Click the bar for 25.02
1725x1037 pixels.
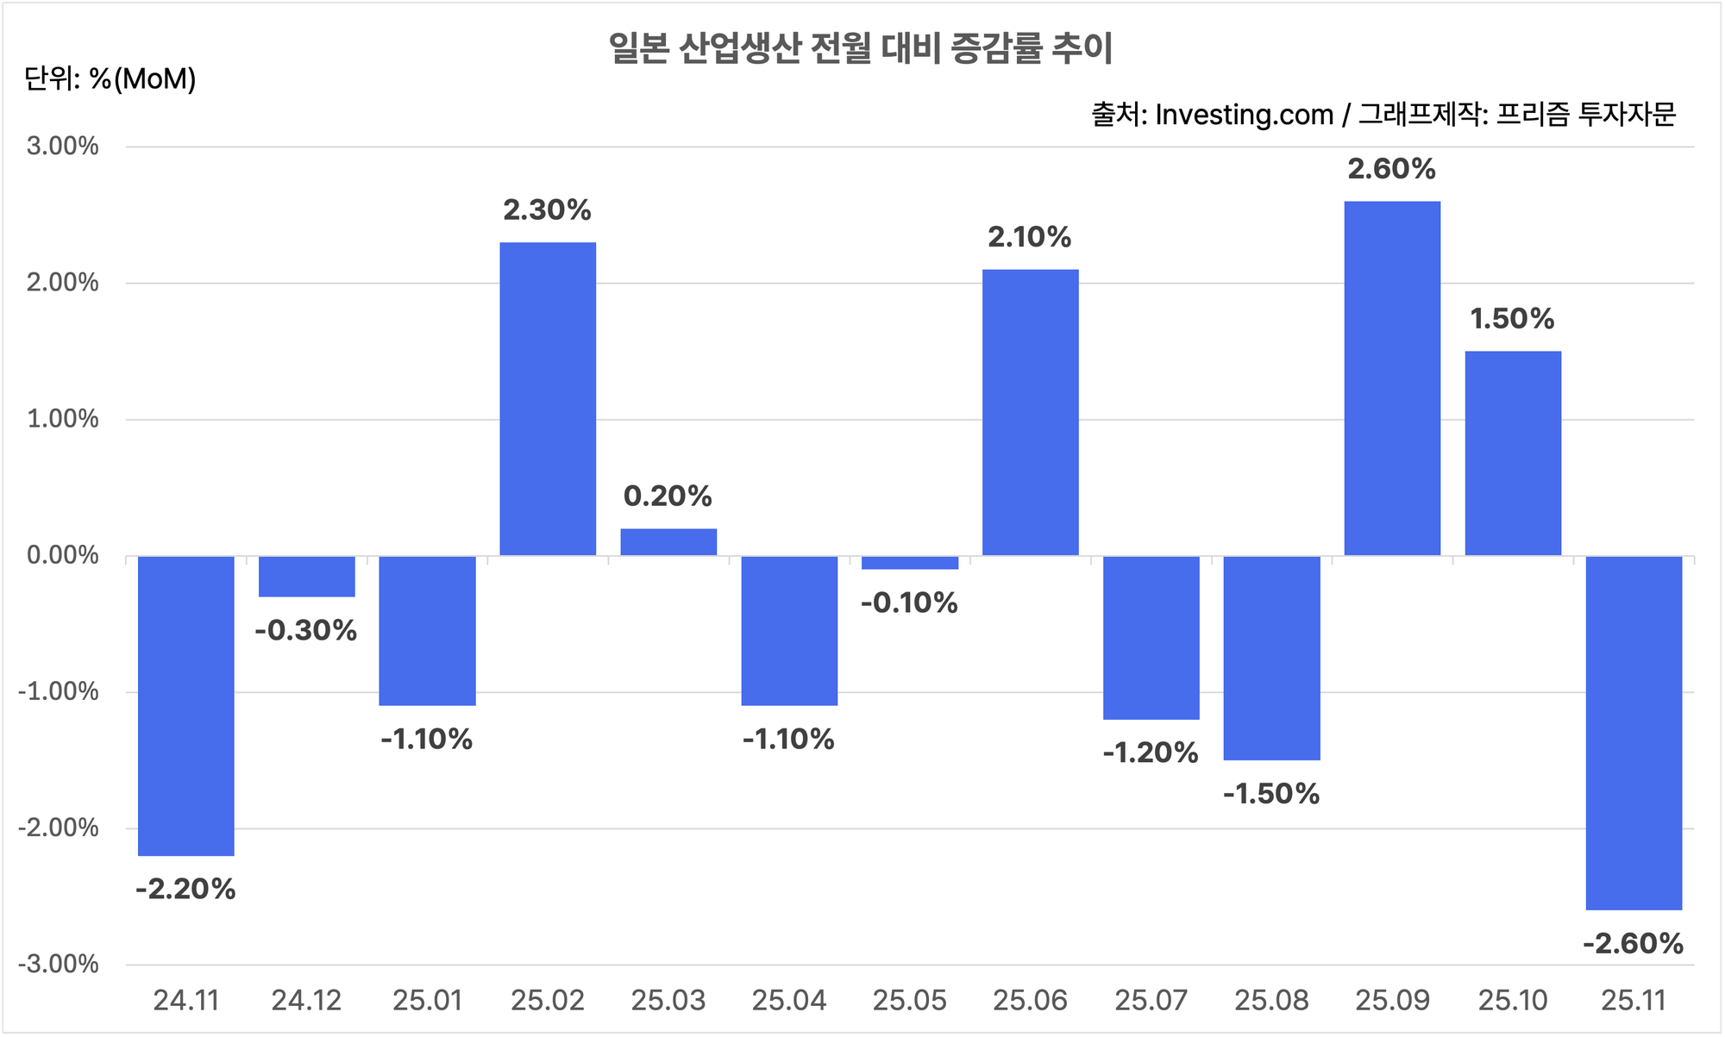tap(548, 399)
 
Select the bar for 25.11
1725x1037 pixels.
tap(1634, 733)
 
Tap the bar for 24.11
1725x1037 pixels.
tap(186, 706)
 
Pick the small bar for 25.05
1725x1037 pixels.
tap(910, 563)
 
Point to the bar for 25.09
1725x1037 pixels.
tap(1393, 378)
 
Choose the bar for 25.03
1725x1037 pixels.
tap(668, 542)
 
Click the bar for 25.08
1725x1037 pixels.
tap(1272, 658)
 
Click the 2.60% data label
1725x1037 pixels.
tap(1392, 169)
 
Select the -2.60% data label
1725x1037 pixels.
tap(1634, 944)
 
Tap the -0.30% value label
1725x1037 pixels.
tap(306, 630)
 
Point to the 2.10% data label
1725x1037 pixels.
tap(1030, 237)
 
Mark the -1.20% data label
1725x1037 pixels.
tap(1151, 753)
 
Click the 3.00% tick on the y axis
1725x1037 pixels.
tap(63, 146)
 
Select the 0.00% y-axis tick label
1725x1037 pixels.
tap(63, 555)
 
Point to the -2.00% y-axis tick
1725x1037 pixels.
tap(59, 828)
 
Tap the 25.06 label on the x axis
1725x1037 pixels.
tap(1030, 1001)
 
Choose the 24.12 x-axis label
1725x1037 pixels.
tap(306, 1001)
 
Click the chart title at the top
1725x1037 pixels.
tap(861, 48)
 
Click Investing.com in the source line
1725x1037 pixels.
tap(1244, 115)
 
